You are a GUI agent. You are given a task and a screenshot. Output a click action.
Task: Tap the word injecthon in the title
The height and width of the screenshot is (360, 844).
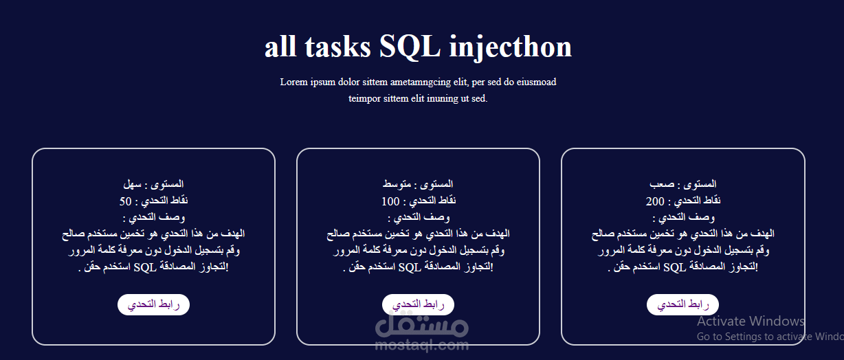(x=511, y=48)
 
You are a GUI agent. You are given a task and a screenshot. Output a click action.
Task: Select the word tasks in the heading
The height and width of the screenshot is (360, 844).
(x=338, y=47)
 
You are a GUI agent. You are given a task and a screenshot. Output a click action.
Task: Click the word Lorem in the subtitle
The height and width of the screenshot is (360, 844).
(x=294, y=82)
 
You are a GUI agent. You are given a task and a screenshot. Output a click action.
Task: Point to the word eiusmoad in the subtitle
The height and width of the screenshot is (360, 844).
(x=536, y=82)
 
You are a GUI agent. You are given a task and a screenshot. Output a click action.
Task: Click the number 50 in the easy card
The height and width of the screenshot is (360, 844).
(x=126, y=201)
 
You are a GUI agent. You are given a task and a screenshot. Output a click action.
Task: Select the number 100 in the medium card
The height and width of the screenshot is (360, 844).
(x=390, y=201)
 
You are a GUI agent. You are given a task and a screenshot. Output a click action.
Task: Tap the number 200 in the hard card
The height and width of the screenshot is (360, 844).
(x=655, y=201)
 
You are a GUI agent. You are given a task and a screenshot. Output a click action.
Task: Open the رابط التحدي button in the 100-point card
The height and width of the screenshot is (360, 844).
(x=418, y=304)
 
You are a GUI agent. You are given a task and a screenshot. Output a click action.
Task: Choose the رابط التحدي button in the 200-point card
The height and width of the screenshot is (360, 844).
(x=682, y=304)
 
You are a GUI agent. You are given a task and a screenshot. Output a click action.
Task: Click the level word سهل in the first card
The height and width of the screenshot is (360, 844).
(x=132, y=184)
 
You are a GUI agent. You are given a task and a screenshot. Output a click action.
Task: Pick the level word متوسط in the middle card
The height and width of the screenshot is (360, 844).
(x=397, y=184)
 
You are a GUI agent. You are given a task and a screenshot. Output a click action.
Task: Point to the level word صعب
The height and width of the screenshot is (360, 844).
(x=662, y=184)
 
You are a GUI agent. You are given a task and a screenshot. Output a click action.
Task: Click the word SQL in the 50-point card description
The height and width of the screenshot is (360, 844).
(x=145, y=267)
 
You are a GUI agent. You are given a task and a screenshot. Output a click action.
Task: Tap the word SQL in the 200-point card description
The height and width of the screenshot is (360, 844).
(x=674, y=267)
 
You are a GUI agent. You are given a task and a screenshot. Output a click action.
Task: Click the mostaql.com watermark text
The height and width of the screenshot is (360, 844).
(x=422, y=345)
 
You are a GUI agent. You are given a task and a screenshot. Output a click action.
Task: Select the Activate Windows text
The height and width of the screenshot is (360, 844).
(x=751, y=322)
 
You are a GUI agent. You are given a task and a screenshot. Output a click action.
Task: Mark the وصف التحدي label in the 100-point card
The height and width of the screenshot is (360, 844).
(x=422, y=217)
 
